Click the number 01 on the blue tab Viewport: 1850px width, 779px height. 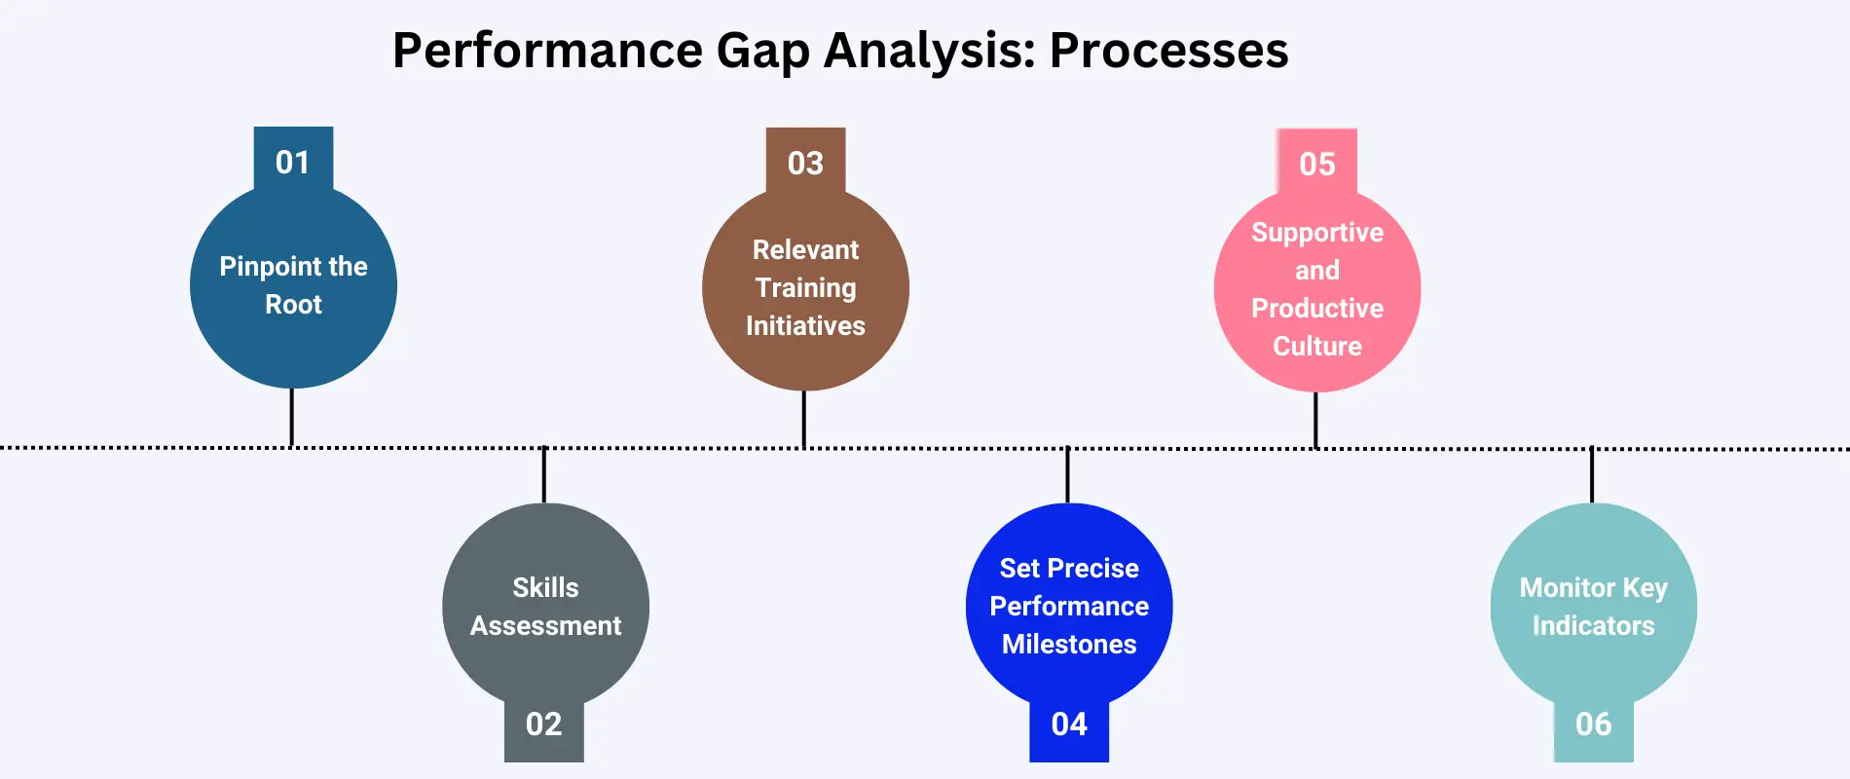pyautogui.click(x=292, y=162)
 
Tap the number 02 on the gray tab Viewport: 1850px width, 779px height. pyautogui.click(x=543, y=723)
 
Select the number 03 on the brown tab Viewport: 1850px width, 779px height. pyautogui.click(x=805, y=163)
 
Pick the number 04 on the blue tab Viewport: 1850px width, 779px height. pyautogui.click(x=1069, y=723)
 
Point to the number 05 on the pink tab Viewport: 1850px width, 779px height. pyautogui.click(x=1316, y=164)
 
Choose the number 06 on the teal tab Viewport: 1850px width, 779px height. pyautogui.click(x=1593, y=723)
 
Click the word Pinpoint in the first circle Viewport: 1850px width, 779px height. pyautogui.click(x=259, y=267)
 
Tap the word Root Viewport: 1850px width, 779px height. pyautogui.click(x=293, y=305)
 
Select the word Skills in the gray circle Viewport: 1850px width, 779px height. pyautogui.click(x=545, y=587)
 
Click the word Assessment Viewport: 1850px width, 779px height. pyautogui.click(x=545, y=625)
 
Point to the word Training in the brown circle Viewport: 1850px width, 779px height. pyautogui.click(x=805, y=288)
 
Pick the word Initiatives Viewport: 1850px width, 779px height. pyautogui.click(x=805, y=325)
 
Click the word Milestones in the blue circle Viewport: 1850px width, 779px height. pyautogui.click(x=1069, y=644)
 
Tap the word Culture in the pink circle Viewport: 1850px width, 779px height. pyautogui.click(x=1317, y=346)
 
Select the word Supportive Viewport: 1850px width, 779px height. pyautogui.click(x=1317, y=233)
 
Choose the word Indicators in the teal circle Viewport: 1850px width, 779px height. pyautogui.click(x=1593, y=625)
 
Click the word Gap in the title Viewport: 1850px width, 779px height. pyautogui.click(x=762, y=51)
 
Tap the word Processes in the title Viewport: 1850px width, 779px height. pyautogui.click(x=1168, y=50)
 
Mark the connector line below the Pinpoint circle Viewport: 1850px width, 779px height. pyautogui.click(x=291, y=417)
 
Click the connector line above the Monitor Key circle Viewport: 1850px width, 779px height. pyautogui.click(x=1592, y=474)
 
